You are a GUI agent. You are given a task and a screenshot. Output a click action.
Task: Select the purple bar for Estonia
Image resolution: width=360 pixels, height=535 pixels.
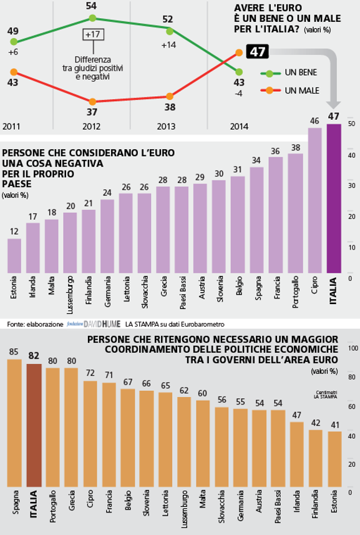[14, 256]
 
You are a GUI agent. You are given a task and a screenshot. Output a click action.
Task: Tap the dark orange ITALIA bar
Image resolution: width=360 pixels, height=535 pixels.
[34, 425]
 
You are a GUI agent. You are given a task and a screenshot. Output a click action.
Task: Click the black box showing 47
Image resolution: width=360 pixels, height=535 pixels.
[257, 52]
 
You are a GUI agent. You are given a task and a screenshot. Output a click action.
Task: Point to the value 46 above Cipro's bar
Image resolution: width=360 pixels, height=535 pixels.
[315, 121]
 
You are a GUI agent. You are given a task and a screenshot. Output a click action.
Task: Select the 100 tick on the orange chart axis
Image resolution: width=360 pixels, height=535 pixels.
[353, 348]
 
